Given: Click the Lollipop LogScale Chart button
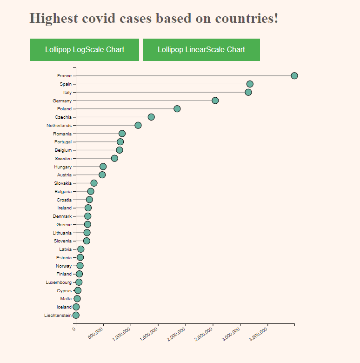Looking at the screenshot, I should coord(85,50).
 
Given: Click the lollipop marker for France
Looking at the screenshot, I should coord(294,76).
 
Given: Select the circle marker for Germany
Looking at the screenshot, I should coord(215,101).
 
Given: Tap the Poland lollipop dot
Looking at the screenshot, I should coord(177,109).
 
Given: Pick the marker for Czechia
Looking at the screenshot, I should coord(151,117).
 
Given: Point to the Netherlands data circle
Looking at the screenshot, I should coord(138,125).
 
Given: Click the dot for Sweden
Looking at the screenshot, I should coord(114,158).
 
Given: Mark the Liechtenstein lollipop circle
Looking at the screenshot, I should coord(76,315).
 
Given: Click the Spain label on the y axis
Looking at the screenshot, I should coord(66,84).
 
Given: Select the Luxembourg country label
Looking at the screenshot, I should coord(59,282).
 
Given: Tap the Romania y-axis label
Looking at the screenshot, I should coord(62,134).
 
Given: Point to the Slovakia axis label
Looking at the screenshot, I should coord(63,183).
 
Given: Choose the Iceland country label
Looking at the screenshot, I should coord(64,307).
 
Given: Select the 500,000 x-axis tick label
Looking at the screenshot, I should coord(95,334).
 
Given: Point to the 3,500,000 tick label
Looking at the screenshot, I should coord(259,334).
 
